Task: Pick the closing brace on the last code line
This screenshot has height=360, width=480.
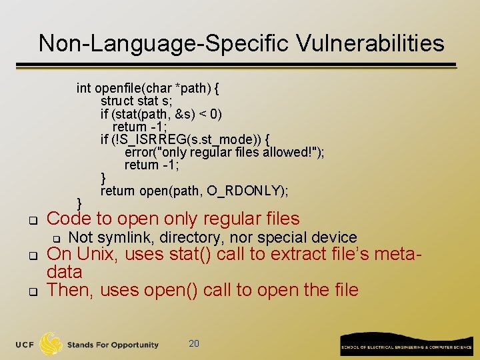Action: click(80, 203)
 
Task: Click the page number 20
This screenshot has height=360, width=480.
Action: click(194, 343)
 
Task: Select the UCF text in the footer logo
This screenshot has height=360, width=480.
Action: click(26, 345)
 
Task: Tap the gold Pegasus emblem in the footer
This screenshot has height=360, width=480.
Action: click(51, 344)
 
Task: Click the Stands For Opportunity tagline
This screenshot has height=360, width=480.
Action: click(113, 345)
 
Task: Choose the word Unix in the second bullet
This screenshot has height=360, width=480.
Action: click(98, 254)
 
